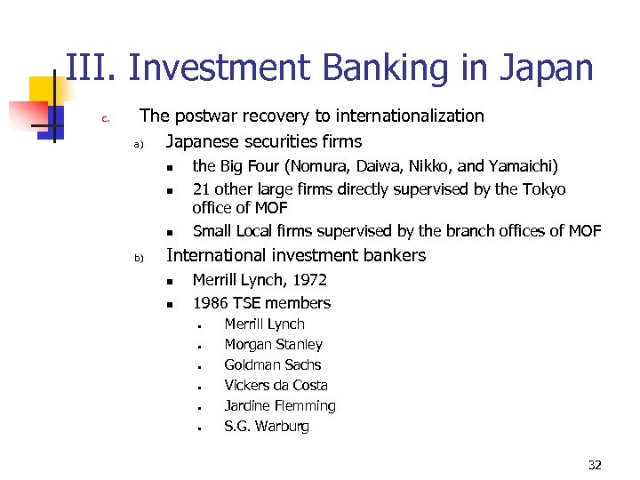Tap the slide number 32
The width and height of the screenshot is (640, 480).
[x=595, y=465]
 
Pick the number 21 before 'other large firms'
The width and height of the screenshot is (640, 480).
[x=202, y=189]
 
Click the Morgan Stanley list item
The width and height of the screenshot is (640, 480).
[x=273, y=345]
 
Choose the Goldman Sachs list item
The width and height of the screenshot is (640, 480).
[x=272, y=365]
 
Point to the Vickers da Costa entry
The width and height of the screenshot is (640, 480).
[x=276, y=386]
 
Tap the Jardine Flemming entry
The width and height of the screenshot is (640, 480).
[x=280, y=406]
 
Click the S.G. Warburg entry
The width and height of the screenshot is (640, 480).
[x=267, y=427]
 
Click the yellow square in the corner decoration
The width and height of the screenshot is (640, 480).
[x=44, y=91]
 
